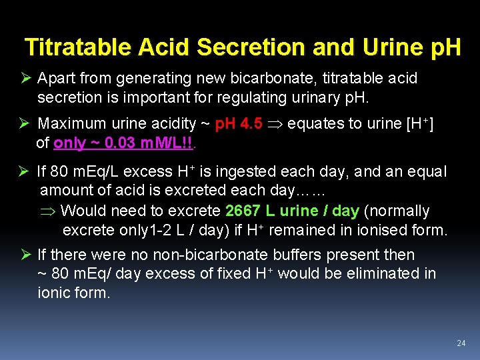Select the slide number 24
coord(461,343)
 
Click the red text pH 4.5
coord(239,123)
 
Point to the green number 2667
coord(243,211)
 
